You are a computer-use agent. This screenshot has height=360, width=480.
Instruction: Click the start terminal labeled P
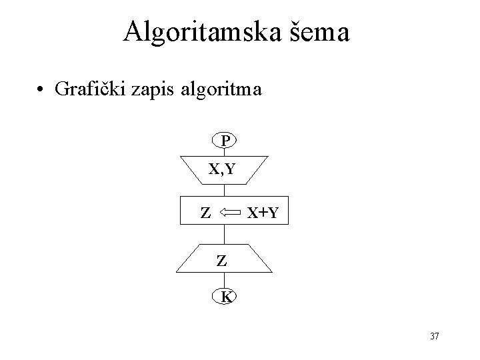click(x=225, y=141)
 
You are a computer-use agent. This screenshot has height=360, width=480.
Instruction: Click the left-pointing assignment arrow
click(x=232, y=213)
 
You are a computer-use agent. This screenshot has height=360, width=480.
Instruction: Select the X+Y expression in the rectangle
click(x=263, y=213)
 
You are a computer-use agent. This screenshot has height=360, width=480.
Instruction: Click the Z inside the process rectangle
click(x=206, y=213)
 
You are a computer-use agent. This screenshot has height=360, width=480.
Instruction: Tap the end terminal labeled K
click(x=225, y=297)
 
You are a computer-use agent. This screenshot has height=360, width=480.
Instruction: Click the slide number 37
click(x=434, y=336)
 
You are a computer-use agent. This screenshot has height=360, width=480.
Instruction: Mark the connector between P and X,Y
click(x=225, y=151)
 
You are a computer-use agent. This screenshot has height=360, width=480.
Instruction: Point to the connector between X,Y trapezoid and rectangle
click(x=225, y=191)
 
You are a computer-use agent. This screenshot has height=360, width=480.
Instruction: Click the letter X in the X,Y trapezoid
click(x=214, y=169)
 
